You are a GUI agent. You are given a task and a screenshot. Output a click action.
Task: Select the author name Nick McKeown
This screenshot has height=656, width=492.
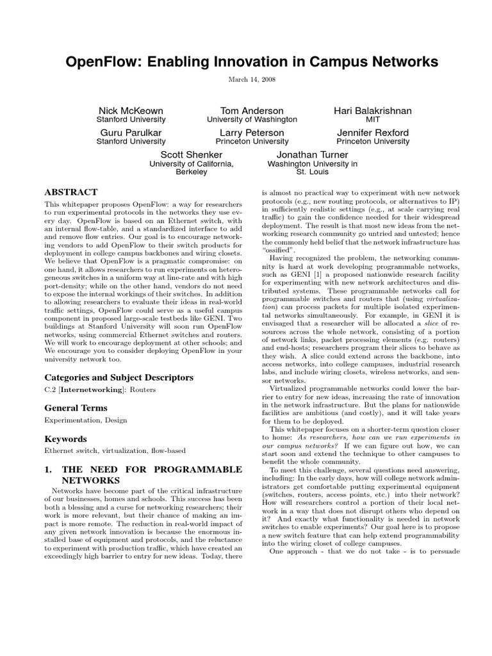(131, 111)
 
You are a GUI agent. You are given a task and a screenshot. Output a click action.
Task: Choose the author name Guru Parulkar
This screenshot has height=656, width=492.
(131, 133)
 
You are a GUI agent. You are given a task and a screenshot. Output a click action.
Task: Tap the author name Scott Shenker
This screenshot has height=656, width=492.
(191, 154)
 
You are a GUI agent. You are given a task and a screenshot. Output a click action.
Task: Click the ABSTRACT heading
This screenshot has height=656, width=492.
(70, 192)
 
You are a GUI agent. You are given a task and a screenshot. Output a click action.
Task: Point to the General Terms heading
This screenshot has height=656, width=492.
(76, 407)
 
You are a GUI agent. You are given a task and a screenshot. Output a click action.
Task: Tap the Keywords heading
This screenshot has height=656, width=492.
(65, 439)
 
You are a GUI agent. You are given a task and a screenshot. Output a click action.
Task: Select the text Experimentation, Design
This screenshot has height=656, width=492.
(85, 420)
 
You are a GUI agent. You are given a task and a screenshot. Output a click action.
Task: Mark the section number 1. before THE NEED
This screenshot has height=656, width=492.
(48, 470)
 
